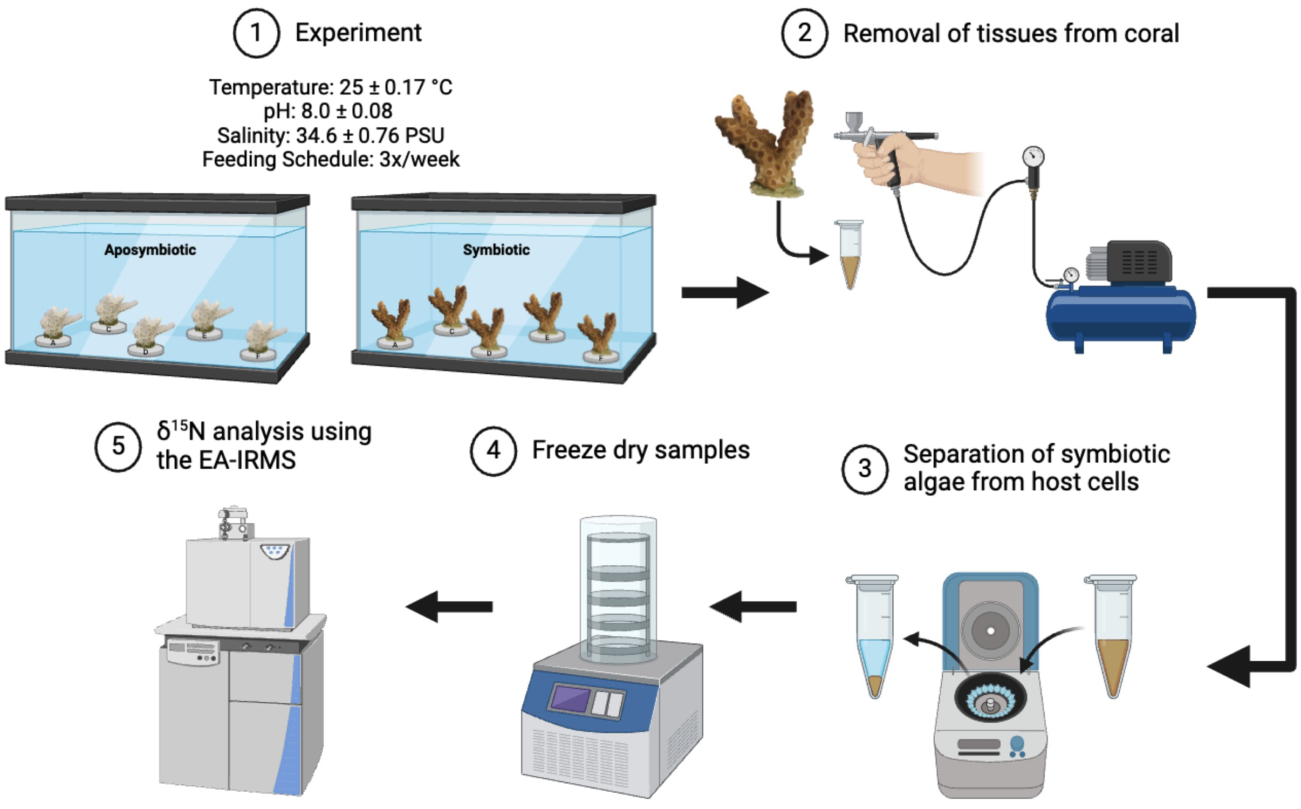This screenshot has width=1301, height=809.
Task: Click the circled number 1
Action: pyautogui.click(x=256, y=33)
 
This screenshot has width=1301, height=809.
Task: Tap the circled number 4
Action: pyautogui.click(x=493, y=451)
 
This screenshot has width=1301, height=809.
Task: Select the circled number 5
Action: pyautogui.click(x=118, y=447)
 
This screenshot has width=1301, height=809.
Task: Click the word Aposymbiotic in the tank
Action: pyautogui.click(x=150, y=250)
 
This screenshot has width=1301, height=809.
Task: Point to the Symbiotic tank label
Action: pyautogui.click(x=496, y=250)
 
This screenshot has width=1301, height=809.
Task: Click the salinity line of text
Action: pyautogui.click(x=331, y=135)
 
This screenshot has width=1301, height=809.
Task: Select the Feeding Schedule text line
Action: pyautogui.click(x=331, y=160)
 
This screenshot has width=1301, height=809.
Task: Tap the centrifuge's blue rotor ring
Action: pyautogui.click(x=990, y=702)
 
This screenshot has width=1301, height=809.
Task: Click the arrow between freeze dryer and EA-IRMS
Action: pyautogui.click(x=449, y=606)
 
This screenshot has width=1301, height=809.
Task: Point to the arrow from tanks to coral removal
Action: pyautogui.click(x=725, y=293)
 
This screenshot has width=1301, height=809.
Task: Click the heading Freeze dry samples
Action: pyautogui.click(x=641, y=450)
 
